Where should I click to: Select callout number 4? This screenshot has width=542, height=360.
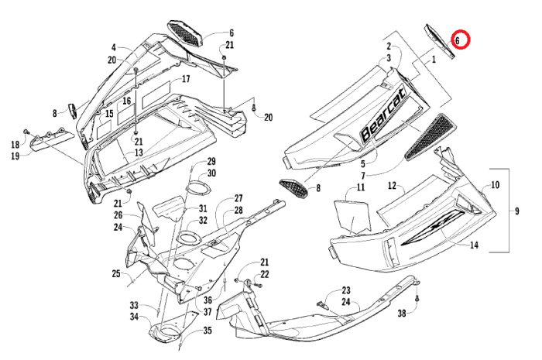tap(112, 47)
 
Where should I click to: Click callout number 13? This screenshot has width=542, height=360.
tap(139, 153)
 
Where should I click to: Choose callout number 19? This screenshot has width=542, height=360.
tap(15, 156)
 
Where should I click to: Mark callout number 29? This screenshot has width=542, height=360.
tap(210, 161)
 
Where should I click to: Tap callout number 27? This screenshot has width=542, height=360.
tap(239, 198)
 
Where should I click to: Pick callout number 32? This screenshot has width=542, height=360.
tap(203, 221)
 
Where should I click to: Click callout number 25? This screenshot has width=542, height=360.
tap(115, 273)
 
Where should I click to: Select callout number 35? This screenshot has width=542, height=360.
tap(207, 331)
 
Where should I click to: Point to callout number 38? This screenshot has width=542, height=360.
tap(402, 314)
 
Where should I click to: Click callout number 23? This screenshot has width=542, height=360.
tap(345, 290)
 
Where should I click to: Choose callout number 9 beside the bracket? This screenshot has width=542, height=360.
tap(518, 211)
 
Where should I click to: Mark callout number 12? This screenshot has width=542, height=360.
tap(392, 186)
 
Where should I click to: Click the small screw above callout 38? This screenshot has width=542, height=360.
tap(417, 298)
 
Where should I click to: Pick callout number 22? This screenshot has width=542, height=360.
tap(265, 274)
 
